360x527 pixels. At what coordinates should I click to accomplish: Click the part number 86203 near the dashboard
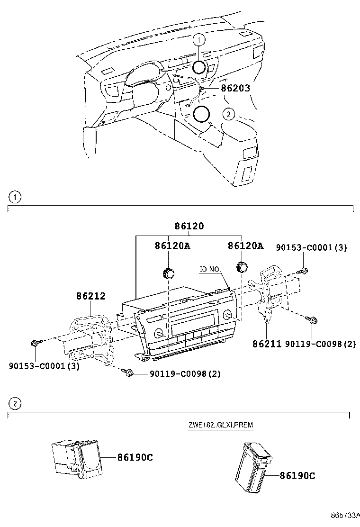tap(235, 88)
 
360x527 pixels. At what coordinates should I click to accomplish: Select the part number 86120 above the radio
tap(189, 227)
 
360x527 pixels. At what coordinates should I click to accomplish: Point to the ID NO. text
tap(210, 269)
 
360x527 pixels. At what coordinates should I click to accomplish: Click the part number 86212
tap(91, 296)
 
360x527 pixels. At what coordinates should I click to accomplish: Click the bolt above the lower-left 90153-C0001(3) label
tap(36, 343)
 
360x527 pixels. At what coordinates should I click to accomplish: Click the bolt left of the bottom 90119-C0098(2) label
tap(128, 373)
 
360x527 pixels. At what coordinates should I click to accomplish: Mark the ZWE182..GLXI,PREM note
tap(220, 425)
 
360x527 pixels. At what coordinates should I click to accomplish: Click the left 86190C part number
tap(135, 457)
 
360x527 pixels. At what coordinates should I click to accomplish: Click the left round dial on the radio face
tap(159, 333)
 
